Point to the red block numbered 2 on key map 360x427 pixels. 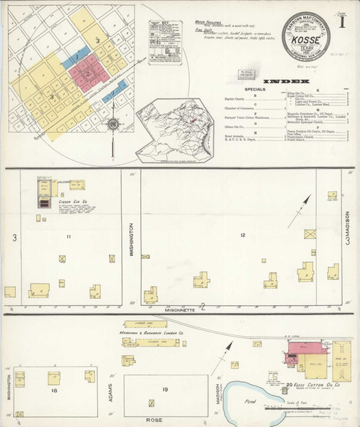(88, 73)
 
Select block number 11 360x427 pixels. (68, 236)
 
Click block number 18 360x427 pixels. (53, 391)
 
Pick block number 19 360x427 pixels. (165, 390)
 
